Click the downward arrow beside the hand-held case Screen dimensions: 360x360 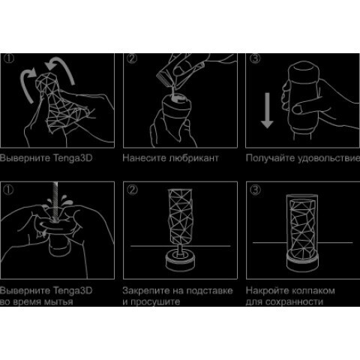[267, 110]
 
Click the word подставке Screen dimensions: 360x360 [209, 291]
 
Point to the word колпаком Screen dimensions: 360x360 [312, 291]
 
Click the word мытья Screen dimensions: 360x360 [58, 302]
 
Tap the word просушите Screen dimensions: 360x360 [155, 302]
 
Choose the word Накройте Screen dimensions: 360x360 [266, 291]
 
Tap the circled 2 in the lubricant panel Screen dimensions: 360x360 [132, 58]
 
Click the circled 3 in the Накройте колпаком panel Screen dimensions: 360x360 [255, 190]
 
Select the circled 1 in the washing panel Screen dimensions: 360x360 [8, 190]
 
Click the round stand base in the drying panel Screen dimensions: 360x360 [180, 261]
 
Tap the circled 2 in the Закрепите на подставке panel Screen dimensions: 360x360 [132, 190]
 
